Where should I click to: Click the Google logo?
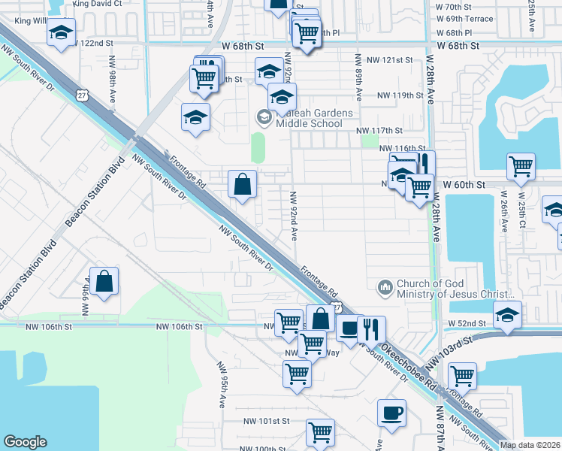coord(26,442)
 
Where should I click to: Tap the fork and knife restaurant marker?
coord(371,329)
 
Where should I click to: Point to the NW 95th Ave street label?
coord(222,386)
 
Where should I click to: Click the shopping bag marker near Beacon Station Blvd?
coord(104,282)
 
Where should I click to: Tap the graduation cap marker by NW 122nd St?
coord(61,33)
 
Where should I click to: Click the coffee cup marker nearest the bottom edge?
coord(391,413)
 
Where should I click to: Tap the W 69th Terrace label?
coord(464,19)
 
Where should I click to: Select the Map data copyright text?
coord(530,445)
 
